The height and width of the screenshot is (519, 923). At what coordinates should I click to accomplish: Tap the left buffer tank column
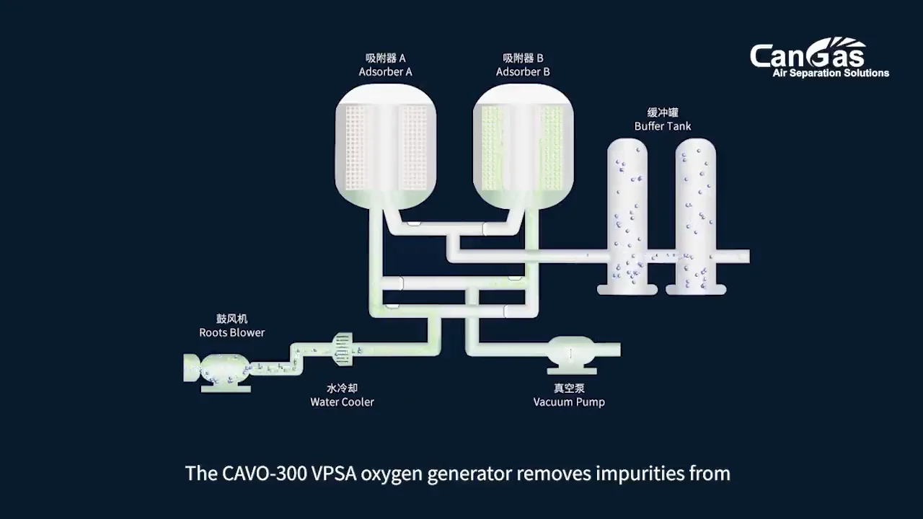point(627,216)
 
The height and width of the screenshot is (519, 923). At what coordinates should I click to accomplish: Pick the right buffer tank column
point(695,216)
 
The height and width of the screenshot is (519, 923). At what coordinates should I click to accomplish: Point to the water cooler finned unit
point(342,348)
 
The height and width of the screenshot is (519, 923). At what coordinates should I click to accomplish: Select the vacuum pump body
point(570,352)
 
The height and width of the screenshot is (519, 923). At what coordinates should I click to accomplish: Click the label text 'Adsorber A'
point(385,72)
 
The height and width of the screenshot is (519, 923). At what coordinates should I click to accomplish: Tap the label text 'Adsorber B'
point(523,72)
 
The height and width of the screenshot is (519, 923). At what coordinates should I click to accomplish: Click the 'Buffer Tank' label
point(663,126)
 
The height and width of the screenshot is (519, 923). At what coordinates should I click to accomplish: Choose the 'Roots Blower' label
point(231,332)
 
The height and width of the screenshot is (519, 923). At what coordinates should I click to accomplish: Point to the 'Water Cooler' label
point(342,402)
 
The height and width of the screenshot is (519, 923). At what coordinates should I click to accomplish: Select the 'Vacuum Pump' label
point(569,402)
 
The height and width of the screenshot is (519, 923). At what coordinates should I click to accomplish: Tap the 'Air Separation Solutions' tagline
point(831,73)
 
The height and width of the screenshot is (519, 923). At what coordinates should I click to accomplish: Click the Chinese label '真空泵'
point(569,388)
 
